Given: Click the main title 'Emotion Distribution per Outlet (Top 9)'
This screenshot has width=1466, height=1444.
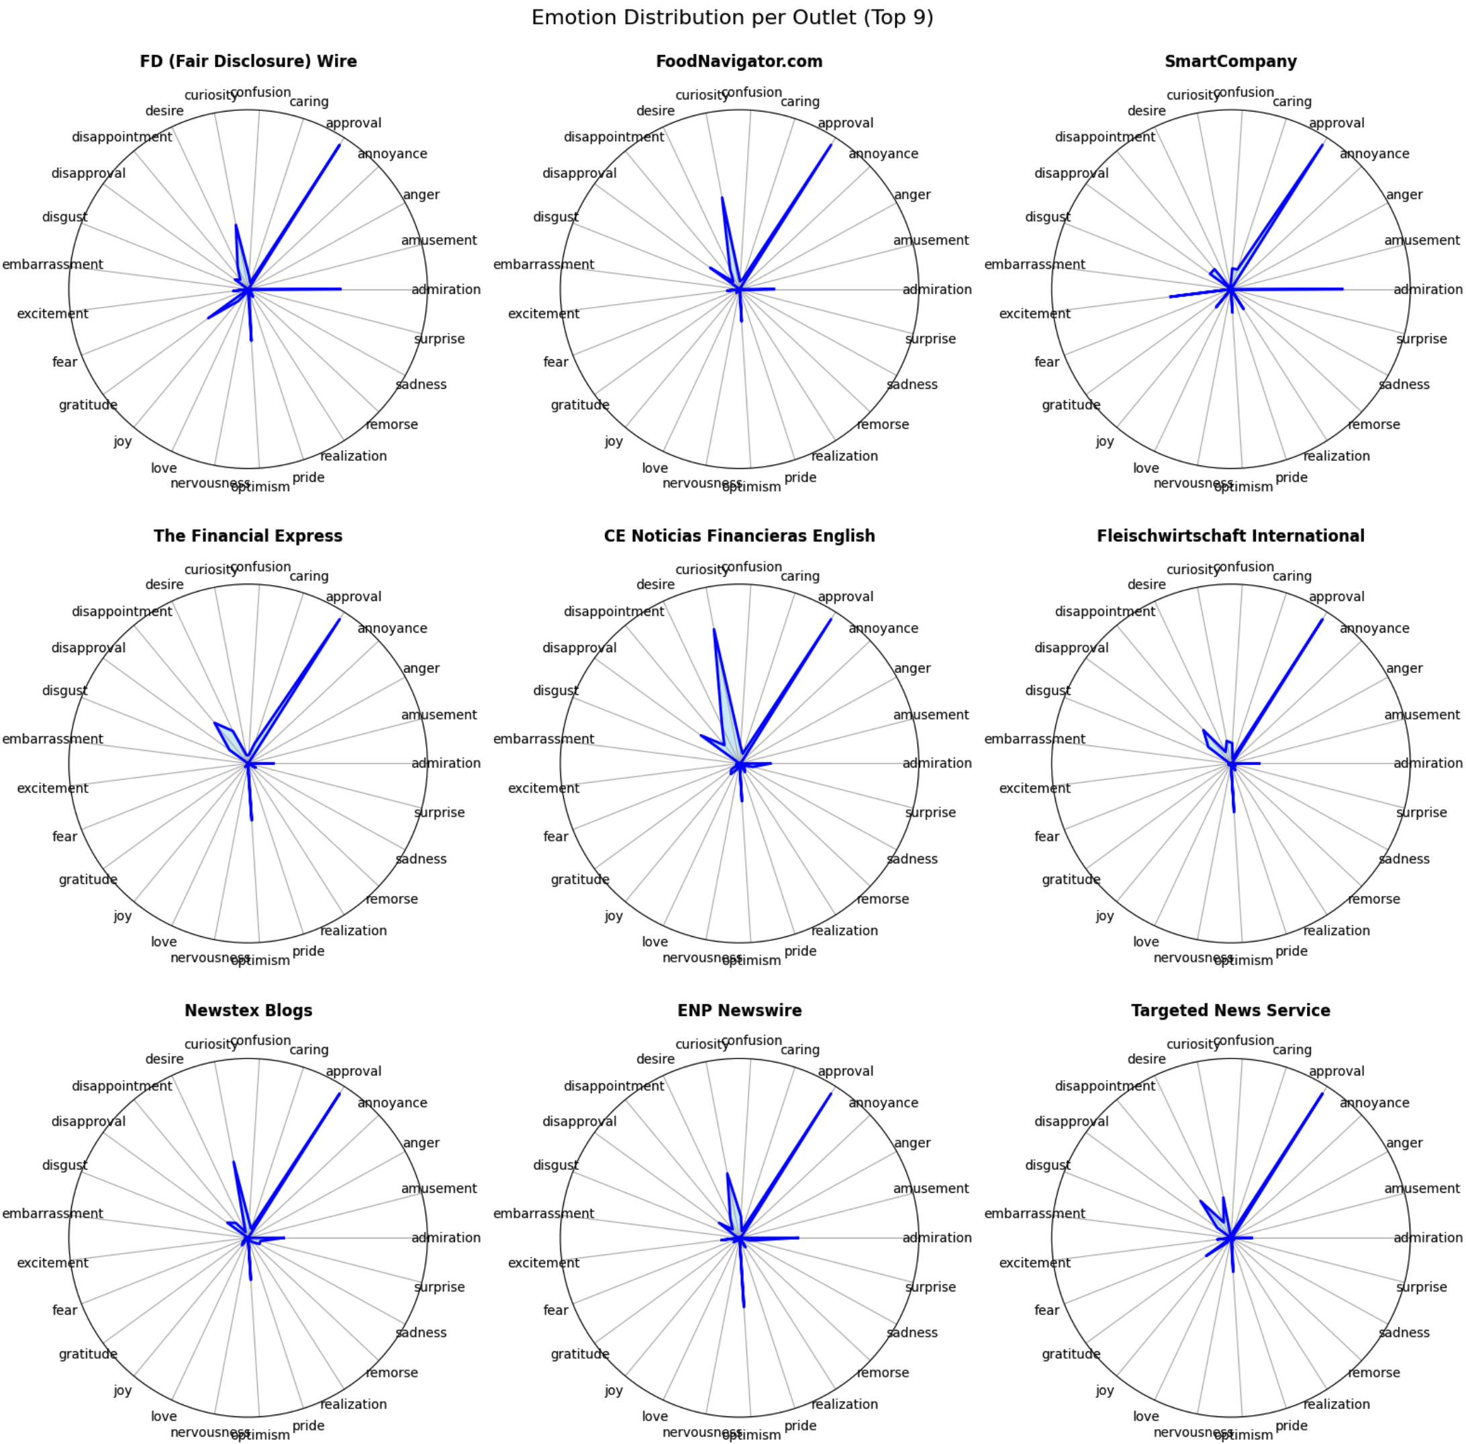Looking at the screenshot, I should (x=732, y=17).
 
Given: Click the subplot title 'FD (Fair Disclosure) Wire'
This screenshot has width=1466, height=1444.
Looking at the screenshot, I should (x=248, y=61).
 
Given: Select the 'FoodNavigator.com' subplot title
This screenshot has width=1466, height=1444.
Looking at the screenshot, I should (x=739, y=61).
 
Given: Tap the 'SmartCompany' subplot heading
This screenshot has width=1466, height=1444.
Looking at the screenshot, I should (x=1230, y=61).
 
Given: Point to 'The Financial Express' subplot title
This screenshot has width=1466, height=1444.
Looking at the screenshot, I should (x=248, y=536).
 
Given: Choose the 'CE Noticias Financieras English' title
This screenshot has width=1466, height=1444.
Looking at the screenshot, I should (x=739, y=536).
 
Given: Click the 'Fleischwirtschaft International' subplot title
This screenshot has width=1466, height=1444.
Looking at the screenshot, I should (x=1230, y=536).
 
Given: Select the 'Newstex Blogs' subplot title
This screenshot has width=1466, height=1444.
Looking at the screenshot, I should (x=248, y=1010).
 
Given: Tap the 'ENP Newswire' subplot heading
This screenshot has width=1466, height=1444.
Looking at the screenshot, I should (x=739, y=1010).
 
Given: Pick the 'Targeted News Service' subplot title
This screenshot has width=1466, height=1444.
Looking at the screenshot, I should (x=1230, y=1010).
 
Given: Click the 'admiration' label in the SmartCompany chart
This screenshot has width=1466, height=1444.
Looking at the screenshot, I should (x=1427, y=289).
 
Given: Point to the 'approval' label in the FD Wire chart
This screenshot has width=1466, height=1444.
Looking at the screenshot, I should (x=353, y=123).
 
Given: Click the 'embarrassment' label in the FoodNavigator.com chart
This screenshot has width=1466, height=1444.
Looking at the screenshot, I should (x=544, y=265).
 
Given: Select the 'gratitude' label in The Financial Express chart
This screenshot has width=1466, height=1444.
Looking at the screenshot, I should (x=88, y=880).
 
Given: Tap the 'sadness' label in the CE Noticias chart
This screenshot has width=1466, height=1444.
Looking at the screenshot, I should (x=912, y=859).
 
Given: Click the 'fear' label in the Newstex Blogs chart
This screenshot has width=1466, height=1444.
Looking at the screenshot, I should (x=64, y=1310).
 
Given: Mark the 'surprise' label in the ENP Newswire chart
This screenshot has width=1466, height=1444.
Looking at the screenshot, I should (x=930, y=1287).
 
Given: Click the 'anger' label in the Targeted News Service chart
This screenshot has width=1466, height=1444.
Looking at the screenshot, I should (x=1404, y=1143).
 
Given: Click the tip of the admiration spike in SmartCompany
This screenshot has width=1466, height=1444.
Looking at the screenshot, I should (x=1342, y=289).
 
